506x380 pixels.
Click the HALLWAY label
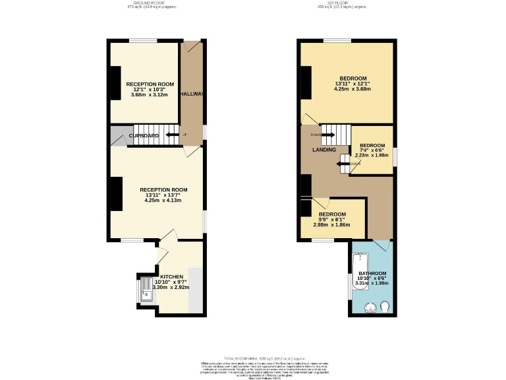coord(193,94)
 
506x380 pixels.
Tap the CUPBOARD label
coord(144,136)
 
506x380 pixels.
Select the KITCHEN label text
coord(171,276)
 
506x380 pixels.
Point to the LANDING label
coord(323,150)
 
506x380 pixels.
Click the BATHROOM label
coord(372,273)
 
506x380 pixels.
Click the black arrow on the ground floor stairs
coord(173,135)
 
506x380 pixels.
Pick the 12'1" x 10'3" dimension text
coord(150,90)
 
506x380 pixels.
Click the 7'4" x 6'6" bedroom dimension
coord(372,150)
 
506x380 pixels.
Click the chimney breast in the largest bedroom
coord(306,84)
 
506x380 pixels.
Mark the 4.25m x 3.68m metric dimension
coord(352,89)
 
